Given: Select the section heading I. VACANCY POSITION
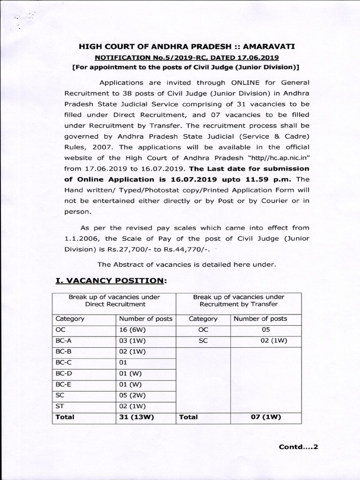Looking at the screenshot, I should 111,280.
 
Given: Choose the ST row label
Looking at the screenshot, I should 60,405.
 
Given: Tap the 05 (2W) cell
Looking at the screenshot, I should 132,395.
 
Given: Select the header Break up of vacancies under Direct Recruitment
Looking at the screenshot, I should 114,300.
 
